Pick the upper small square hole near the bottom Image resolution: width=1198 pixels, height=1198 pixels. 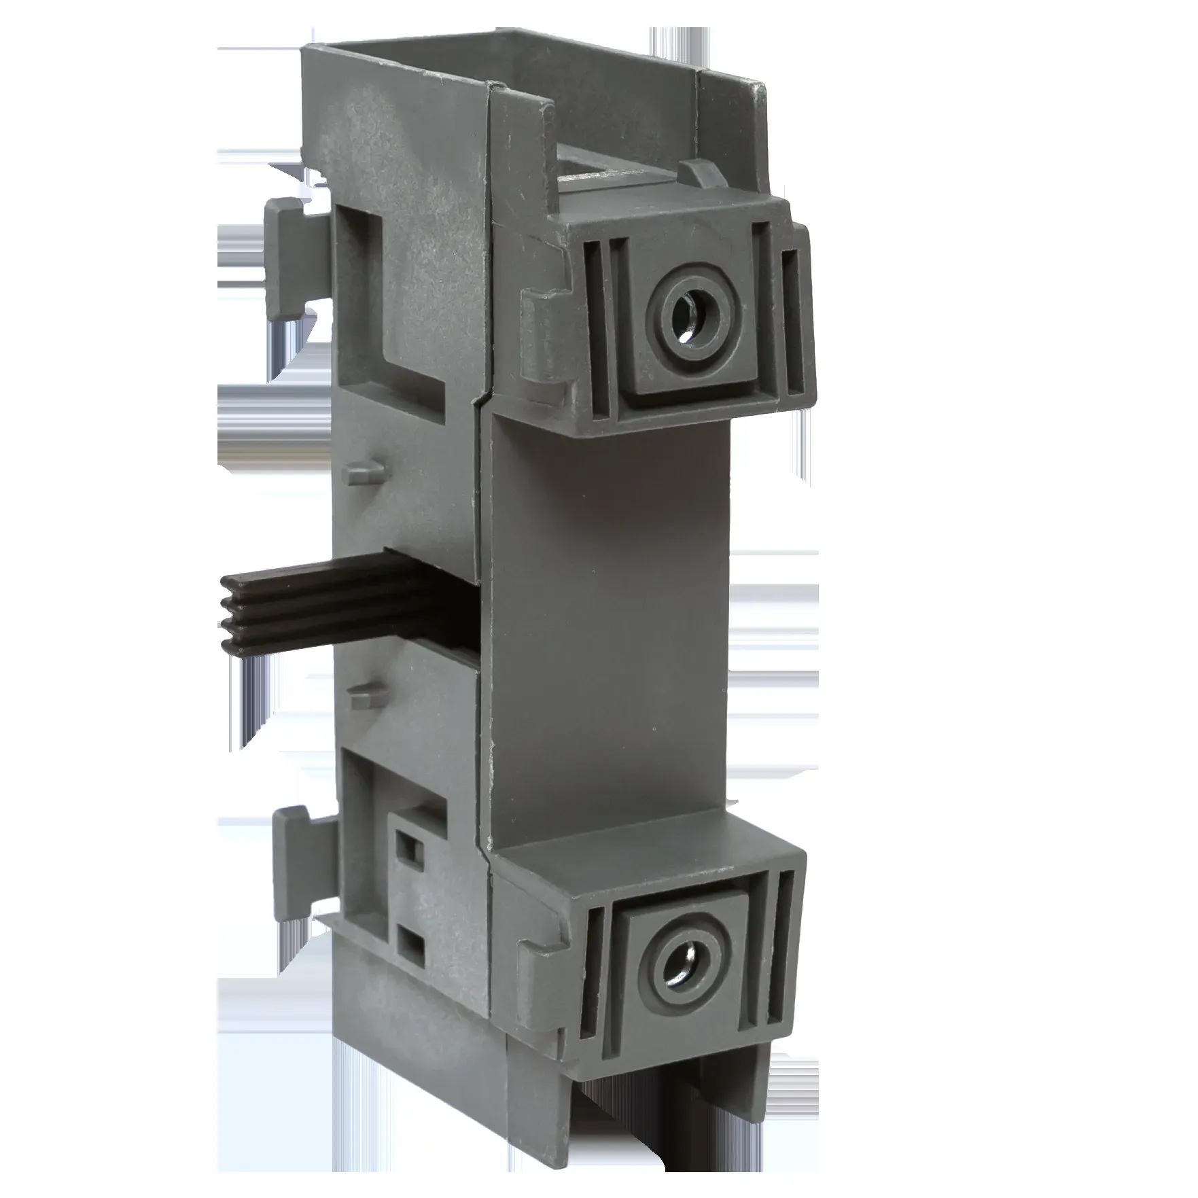tap(410, 847)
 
